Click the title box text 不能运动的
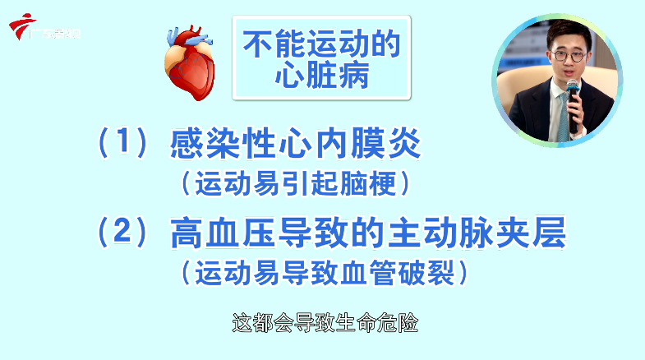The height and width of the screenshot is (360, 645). point(321,45)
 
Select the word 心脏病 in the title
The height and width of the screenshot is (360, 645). point(321,77)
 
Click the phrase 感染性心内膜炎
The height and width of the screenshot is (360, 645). point(295,145)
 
